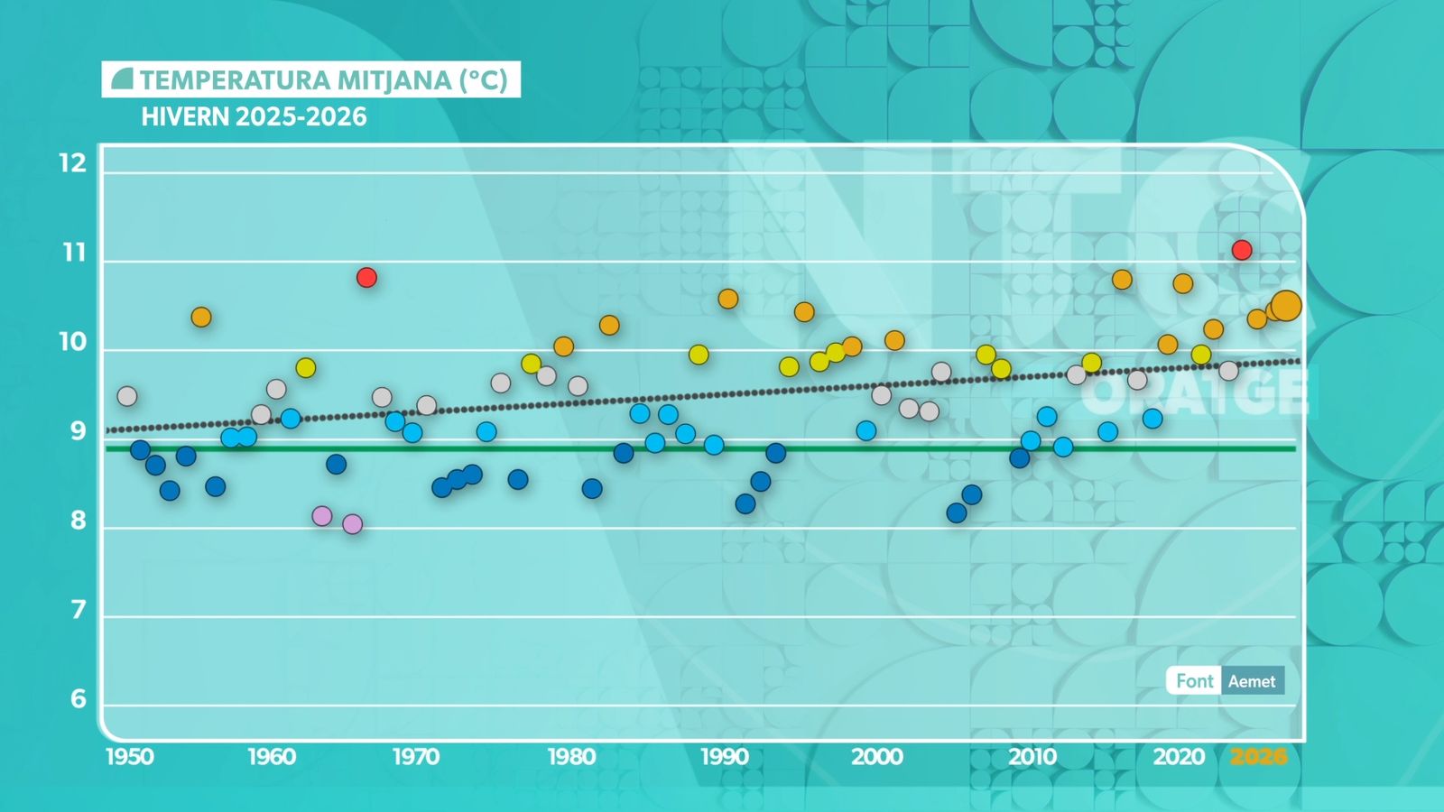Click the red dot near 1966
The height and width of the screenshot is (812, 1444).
[x=366, y=277]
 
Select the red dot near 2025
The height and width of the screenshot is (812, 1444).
[x=1242, y=250]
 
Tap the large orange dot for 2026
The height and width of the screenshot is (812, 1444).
[x=1285, y=306]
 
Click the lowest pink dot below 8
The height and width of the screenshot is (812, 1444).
[x=353, y=524]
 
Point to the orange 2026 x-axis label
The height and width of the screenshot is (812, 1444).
[x=1258, y=756]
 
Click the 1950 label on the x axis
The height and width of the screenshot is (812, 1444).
[x=130, y=756]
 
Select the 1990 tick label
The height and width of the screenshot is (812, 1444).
[x=724, y=756]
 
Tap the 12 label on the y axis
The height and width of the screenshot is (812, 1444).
[x=72, y=163]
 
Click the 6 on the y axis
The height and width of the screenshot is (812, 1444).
[x=79, y=698]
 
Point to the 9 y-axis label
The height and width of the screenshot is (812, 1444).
[x=79, y=431]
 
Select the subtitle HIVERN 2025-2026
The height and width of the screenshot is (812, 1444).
[x=254, y=117]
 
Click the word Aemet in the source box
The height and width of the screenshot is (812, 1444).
[x=1252, y=681]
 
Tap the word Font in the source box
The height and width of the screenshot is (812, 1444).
[x=1194, y=681]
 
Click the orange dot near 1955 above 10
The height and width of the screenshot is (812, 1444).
[x=201, y=317]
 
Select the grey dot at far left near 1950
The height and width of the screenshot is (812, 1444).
[x=127, y=396]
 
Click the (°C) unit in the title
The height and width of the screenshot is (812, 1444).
[x=484, y=80]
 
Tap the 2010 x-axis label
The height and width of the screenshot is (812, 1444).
[x=1032, y=756]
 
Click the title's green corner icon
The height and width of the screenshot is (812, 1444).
[x=122, y=79]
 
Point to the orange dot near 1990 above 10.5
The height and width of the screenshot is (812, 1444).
[x=728, y=299]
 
